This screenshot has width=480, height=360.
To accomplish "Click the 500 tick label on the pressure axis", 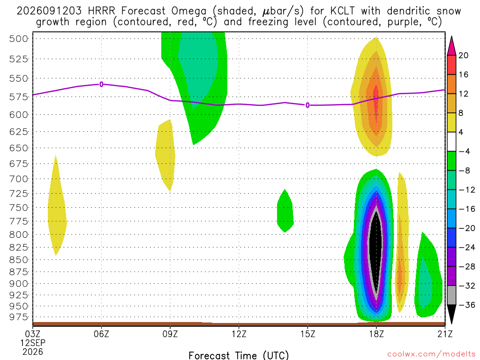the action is pyautogui.click(x=19, y=39).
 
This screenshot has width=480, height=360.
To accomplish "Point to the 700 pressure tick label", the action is pyautogui.click(x=19, y=179).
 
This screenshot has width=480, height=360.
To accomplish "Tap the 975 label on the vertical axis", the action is pyautogui.click(x=19, y=317).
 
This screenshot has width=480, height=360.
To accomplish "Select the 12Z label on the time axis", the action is pyautogui.click(x=239, y=334).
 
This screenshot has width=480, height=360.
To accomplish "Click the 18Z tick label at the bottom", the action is pyautogui.click(x=376, y=334).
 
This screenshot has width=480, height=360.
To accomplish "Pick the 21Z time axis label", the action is pyautogui.click(x=444, y=334).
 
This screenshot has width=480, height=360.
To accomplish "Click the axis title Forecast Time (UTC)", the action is pyautogui.click(x=239, y=355).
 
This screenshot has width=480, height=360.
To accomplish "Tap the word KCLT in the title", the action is pyautogui.click(x=343, y=11).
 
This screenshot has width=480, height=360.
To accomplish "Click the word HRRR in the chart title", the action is pyautogui.click(x=101, y=11).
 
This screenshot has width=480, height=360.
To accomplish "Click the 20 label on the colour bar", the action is pyautogui.click(x=464, y=55).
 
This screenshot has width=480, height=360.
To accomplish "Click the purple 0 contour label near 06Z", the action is pyautogui.click(x=101, y=84).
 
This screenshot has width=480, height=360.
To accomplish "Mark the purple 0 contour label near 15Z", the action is pyautogui.click(x=307, y=105).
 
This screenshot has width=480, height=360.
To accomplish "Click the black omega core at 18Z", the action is pyautogui.click(x=376, y=251).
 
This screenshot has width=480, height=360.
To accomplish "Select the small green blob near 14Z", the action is pyautogui.click(x=285, y=211).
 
